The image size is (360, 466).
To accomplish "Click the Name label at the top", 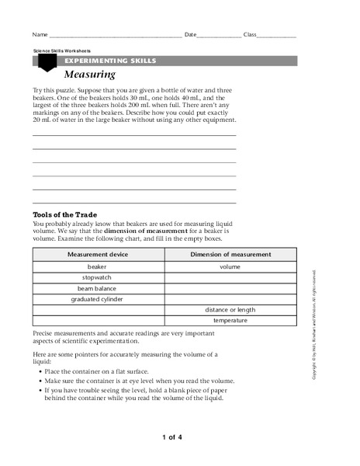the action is click(39, 35).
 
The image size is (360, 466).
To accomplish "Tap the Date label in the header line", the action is click(192, 35).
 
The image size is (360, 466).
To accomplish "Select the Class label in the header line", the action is click(251, 35).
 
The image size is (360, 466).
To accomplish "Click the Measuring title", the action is click(89, 75).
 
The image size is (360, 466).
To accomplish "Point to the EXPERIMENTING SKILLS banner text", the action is click(110, 60).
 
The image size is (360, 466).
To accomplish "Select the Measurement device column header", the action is click(98, 255).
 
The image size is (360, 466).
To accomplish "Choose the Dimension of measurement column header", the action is click(230, 255).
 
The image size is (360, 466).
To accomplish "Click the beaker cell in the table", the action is click(98, 266).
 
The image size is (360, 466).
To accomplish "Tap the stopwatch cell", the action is click(98, 277).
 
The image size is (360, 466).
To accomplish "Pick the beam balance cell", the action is click(98, 288).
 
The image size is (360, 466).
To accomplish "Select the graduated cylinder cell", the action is click(98, 299).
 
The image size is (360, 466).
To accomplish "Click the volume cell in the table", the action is click(230, 266).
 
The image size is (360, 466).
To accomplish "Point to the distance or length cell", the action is click(230, 310).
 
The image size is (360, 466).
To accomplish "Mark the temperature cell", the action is click(230, 321).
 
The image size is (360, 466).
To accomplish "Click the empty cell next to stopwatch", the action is click(230, 277).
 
